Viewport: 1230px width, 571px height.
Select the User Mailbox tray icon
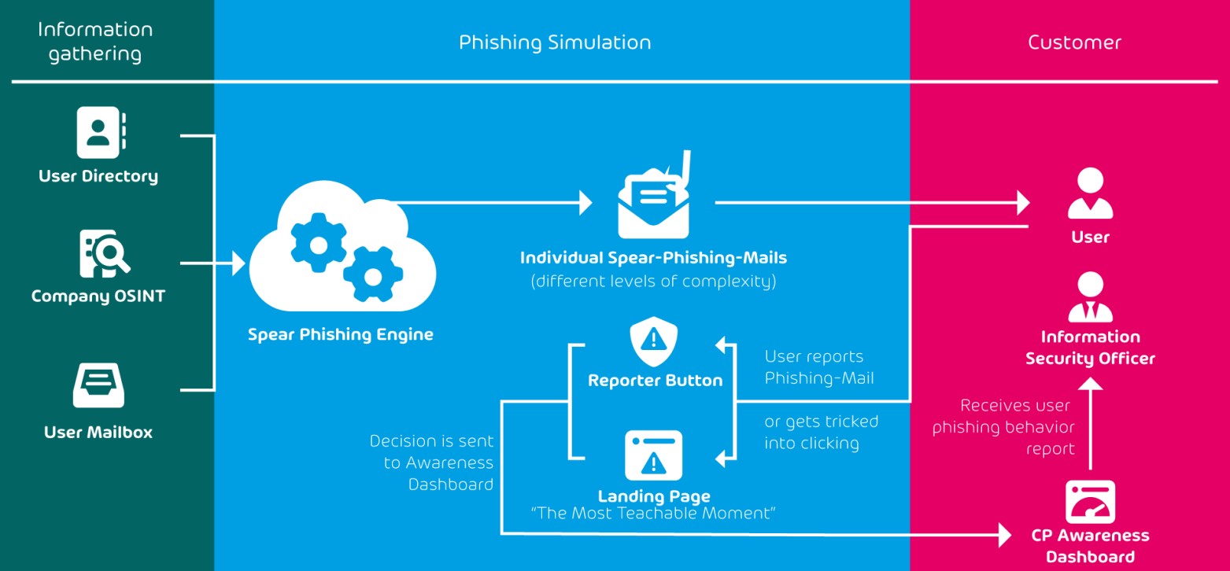point(98,385)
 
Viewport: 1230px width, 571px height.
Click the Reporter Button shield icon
point(653,339)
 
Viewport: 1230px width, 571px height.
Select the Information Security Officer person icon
point(1090,297)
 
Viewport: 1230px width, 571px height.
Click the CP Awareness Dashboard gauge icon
point(1090,502)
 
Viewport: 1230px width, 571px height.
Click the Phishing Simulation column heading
point(555,42)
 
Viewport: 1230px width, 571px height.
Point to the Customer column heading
point(1074,42)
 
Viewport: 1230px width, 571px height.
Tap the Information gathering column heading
point(94,42)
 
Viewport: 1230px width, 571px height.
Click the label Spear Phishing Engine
point(341,334)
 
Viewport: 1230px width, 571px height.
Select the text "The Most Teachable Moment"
point(654,514)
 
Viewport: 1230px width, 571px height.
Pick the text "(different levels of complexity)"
point(653,281)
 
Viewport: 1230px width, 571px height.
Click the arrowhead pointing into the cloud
point(239,264)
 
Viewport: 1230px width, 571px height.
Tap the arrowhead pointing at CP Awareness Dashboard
point(1005,535)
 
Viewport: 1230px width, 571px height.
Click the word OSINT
point(137,297)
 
